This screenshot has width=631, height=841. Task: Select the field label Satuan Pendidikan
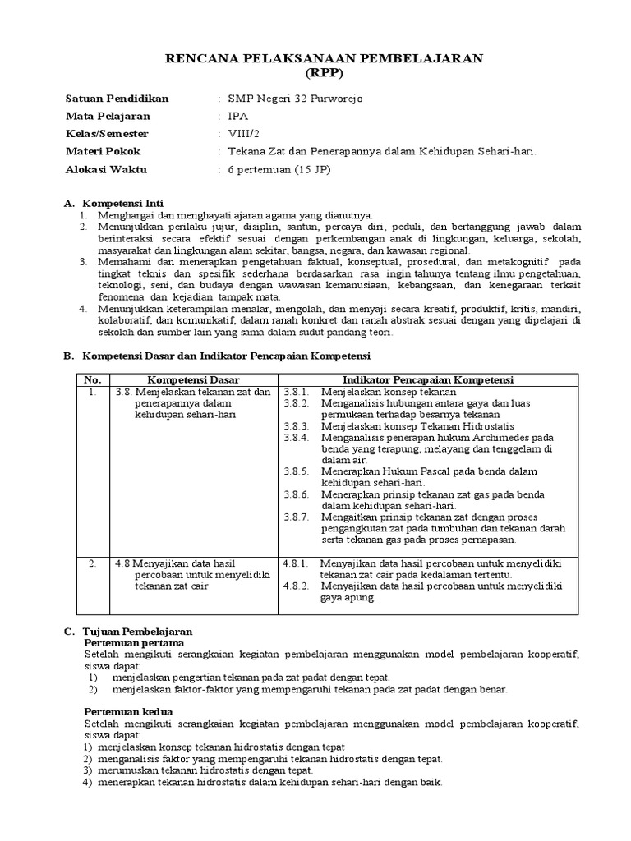[x=117, y=99]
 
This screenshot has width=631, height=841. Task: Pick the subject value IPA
[x=238, y=117]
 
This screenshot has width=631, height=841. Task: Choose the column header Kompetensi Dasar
[x=194, y=379]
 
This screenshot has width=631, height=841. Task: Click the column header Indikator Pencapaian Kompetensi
[x=428, y=379]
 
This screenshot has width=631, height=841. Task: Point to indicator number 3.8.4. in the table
[x=297, y=438]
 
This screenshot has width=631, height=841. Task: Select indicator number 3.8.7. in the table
[x=297, y=517]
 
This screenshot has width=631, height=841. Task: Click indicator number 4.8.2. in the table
[x=295, y=586]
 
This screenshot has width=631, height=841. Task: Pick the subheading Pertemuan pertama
[x=132, y=642]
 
